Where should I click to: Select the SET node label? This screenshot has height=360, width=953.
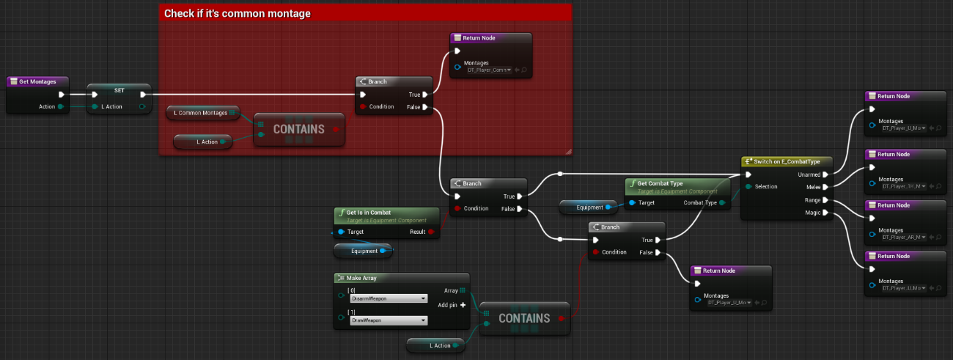point(119,89)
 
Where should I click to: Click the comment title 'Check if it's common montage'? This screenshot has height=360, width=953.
point(237,13)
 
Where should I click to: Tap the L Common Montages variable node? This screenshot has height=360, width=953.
point(200,112)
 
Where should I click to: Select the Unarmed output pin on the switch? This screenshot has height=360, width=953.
point(825,175)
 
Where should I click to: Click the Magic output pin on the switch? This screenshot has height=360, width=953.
point(825,213)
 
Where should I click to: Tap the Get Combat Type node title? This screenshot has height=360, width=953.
point(661,183)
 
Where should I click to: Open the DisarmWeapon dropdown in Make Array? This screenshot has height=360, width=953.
point(388,298)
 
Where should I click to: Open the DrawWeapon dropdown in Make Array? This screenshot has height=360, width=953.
point(388,320)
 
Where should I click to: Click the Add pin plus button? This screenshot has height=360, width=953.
point(463,305)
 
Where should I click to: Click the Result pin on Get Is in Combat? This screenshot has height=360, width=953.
point(430,232)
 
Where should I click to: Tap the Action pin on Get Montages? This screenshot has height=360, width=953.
point(60,107)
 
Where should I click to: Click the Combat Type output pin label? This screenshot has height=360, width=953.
point(700,202)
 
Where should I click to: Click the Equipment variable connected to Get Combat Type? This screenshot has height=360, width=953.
point(589,207)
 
